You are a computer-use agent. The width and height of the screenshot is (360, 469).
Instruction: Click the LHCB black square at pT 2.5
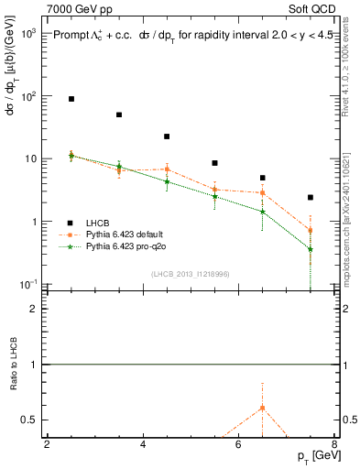tap(71, 98)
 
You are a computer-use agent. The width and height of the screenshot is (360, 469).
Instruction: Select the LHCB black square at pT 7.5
tap(311, 197)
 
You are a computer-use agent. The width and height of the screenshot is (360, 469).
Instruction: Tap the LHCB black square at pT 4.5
tap(167, 136)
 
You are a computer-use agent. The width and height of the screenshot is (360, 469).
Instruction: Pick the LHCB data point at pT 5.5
tap(214, 163)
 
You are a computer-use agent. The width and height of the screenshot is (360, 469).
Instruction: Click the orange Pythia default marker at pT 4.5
tap(167, 169)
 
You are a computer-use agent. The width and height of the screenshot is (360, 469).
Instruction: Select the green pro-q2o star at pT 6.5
tap(263, 212)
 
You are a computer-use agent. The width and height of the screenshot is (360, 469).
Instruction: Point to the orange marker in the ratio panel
tap(263, 408)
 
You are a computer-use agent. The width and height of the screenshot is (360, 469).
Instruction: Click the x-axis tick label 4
tap(143, 446)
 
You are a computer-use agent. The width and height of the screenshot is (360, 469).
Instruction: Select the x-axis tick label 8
tap(334, 446)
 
